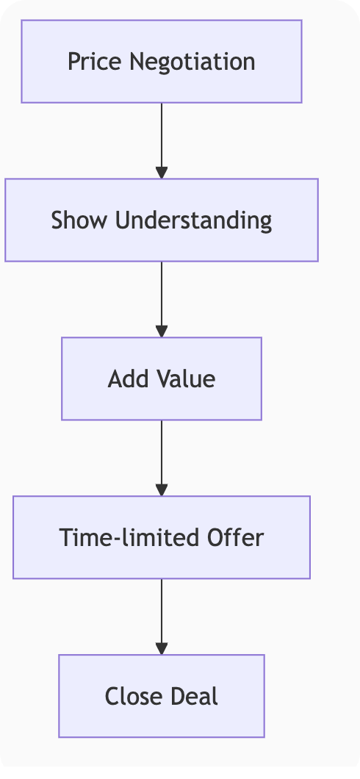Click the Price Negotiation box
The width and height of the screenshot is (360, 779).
pyautogui.click(x=162, y=62)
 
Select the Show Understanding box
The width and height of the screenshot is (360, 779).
pyautogui.click(x=162, y=220)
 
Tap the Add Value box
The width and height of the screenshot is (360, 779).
pyautogui.click(x=162, y=378)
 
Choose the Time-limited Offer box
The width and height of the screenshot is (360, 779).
pyautogui.click(x=162, y=537)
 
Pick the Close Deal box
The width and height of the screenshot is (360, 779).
pyautogui.click(x=162, y=695)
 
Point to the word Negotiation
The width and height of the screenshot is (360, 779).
pyautogui.click(x=192, y=62)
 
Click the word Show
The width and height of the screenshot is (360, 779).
pyautogui.click(x=79, y=220)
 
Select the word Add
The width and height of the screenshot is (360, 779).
pyautogui.click(x=128, y=378)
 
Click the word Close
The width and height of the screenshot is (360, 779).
pyautogui.click(x=132, y=695)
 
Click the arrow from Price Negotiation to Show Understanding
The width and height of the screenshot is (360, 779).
pyautogui.click(x=162, y=140)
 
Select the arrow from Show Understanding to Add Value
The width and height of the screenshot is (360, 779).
pyautogui.click(x=162, y=299)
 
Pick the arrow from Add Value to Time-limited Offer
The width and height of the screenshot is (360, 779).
pyautogui.click(x=162, y=458)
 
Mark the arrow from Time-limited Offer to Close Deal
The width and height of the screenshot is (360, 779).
pyautogui.click(x=162, y=617)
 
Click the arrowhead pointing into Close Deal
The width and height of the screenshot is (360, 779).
pyautogui.click(x=162, y=648)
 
